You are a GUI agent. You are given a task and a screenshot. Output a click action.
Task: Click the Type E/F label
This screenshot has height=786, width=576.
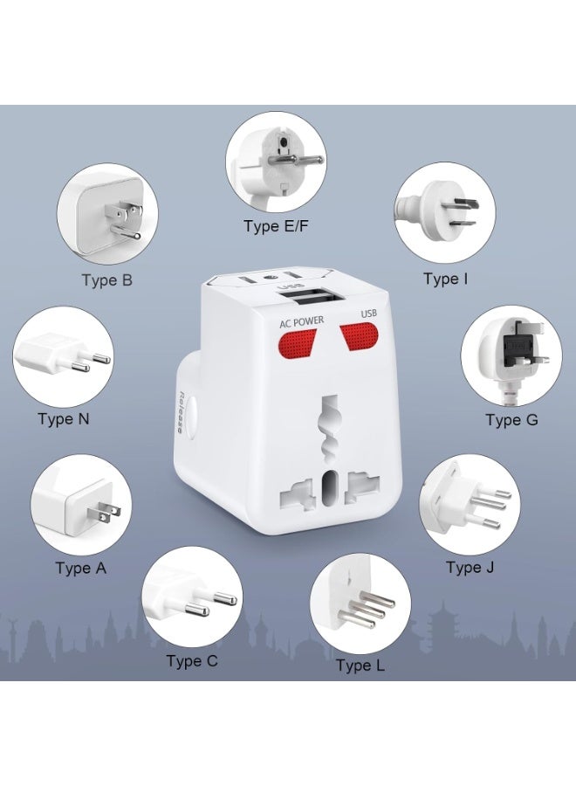pyautogui.click(x=276, y=227)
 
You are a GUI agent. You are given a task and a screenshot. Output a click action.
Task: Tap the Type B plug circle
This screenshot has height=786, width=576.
pyautogui.click(x=102, y=214)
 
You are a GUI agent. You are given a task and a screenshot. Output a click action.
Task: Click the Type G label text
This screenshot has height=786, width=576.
pyautogui.click(x=511, y=420)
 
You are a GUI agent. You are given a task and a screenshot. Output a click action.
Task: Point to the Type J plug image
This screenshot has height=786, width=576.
pyautogui.click(x=463, y=504)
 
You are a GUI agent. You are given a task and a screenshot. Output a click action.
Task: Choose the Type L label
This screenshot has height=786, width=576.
pyautogui.click(x=360, y=665)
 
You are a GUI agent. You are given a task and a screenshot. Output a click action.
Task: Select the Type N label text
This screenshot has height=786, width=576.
pyautogui.click(x=64, y=418)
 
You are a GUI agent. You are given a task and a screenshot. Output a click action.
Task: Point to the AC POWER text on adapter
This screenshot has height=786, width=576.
pyautogui.click(x=301, y=321)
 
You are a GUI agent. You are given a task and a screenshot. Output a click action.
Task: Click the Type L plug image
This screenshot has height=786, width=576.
pyautogui.click(x=360, y=602)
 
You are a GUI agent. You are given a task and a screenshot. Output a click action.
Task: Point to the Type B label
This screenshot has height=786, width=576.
pyautogui.click(x=106, y=280)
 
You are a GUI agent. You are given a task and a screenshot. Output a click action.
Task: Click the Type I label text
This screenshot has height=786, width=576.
pyautogui.click(x=445, y=279)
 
